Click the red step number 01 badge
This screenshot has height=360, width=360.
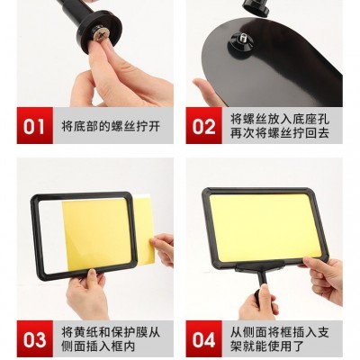coord(35,126)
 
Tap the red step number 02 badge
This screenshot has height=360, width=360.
coord(203,126)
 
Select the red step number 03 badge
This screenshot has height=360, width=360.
coord(35,338)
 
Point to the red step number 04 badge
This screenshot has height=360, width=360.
coord(203,338)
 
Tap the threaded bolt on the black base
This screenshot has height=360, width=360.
coord(243,40)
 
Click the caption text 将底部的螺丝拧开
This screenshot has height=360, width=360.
coord(111,126)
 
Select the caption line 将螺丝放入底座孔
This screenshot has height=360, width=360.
coord(280,119)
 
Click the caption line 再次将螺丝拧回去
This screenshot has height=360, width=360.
coord(280,133)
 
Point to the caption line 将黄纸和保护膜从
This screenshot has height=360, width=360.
coord(111,332)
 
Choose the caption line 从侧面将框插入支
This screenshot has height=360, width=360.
coord(280,332)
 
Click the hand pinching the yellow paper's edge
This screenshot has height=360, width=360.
coord(163,247)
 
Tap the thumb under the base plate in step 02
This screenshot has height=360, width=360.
coord(206,92)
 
